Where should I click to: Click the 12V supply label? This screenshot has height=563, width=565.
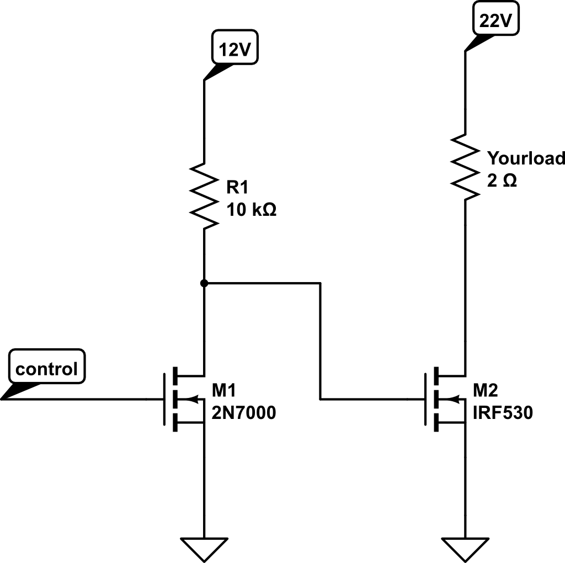pos(236,51)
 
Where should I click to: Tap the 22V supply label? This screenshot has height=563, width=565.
pos(496,22)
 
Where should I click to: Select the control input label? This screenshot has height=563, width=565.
pos(46,368)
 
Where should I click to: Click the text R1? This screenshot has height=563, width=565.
pos(237,188)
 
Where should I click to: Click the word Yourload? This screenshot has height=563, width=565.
pos(525,158)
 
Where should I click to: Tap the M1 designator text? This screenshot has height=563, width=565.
pos(224,391)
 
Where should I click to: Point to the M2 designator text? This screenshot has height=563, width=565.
pos(485,391)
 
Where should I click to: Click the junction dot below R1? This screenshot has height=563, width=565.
pos(204,283)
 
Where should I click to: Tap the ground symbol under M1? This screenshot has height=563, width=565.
pos(204,548)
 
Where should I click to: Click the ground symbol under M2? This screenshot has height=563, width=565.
pos(465,548)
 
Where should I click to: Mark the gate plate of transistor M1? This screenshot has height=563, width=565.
pos(164,399)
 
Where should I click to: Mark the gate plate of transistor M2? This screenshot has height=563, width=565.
pos(425,399)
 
